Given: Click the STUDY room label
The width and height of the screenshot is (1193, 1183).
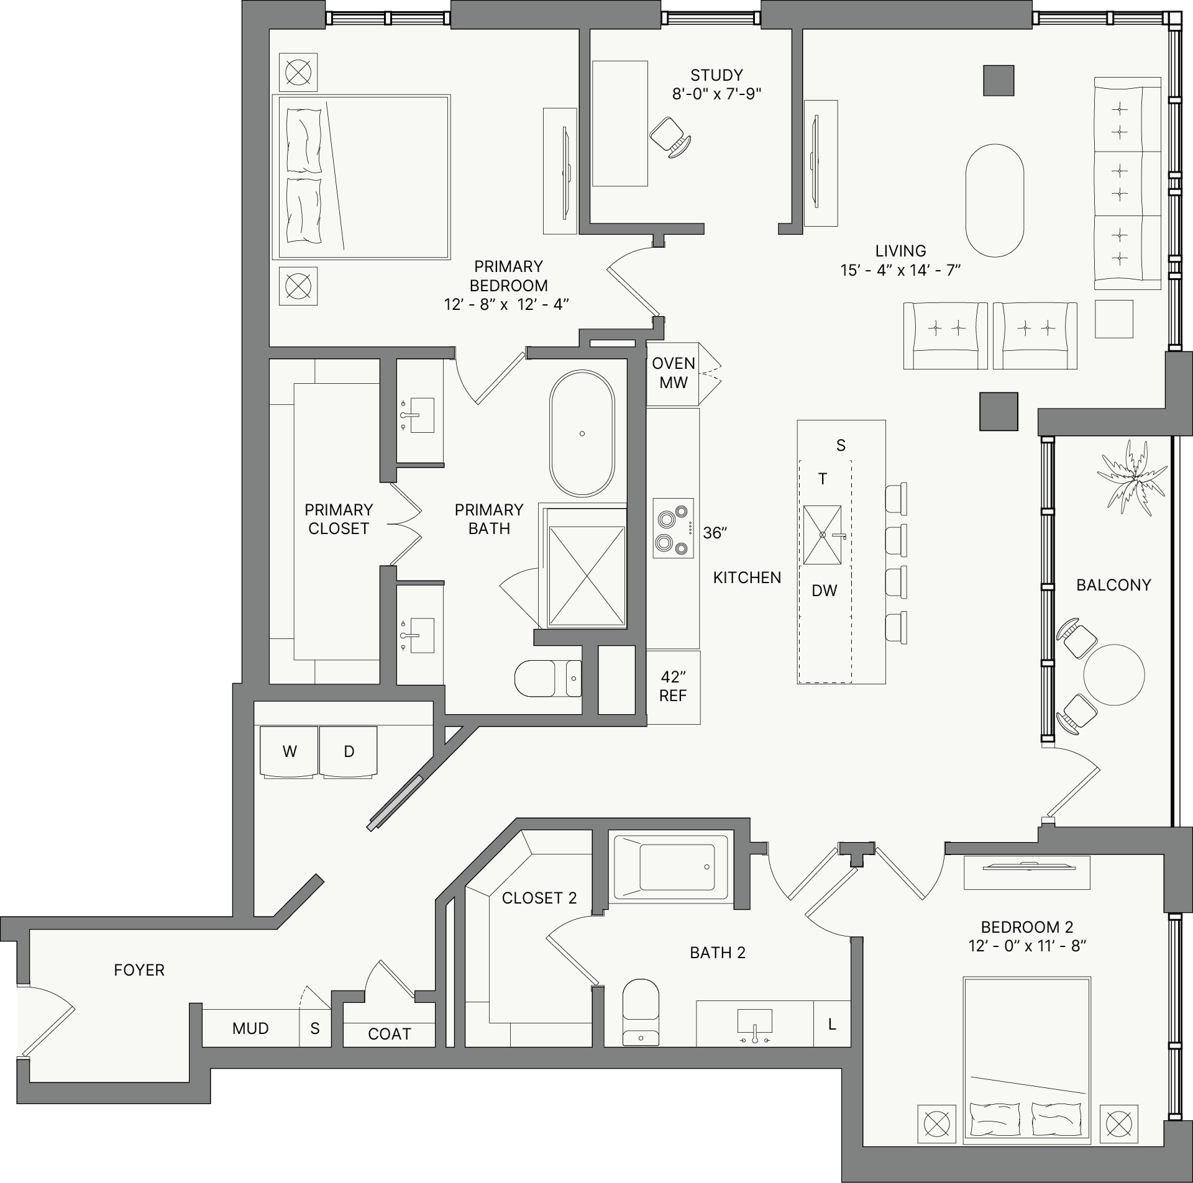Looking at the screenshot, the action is pyautogui.click(x=716, y=75).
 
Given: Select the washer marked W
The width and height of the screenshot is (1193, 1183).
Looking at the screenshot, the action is pyautogui.click(x=290, y=751).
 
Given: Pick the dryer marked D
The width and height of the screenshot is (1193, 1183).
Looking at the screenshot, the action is pyautogui.click(x=349, y=751).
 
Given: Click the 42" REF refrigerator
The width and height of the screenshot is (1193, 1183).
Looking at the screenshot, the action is pyautogui.click(x=673, y=687).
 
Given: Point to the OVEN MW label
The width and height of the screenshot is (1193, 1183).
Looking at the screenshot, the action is pyautogui.click(x=674, y=373).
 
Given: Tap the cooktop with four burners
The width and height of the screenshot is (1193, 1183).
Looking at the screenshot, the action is pyautogui.click(x=673, y=528).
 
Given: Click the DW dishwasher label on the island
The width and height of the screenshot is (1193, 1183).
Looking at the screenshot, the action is pyautogui.click(x=825, y=591).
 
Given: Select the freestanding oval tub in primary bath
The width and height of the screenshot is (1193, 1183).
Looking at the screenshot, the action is pyautogui.click(x=582, y=433).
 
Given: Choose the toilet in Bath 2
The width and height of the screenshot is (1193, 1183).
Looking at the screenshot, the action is pyautogui.click(x=641, y=1012).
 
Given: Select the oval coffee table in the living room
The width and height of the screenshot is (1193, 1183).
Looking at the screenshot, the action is pyautogui.click(x=995, y=201).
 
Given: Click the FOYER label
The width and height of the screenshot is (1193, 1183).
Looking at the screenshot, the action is pyautogui.click(x=139, y=970).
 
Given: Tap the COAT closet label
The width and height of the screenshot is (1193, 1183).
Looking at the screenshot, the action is pyautogui.click(x=390, y=1034).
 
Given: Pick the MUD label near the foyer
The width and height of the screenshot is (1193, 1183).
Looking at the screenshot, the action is pyautogui.click(x=250, y=1028).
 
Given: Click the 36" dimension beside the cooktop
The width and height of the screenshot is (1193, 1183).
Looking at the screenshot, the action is pyautogui.click(x=715, y=533).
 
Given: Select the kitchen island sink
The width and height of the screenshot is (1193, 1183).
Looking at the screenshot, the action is pyautogui.click(x=822, y=534).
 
